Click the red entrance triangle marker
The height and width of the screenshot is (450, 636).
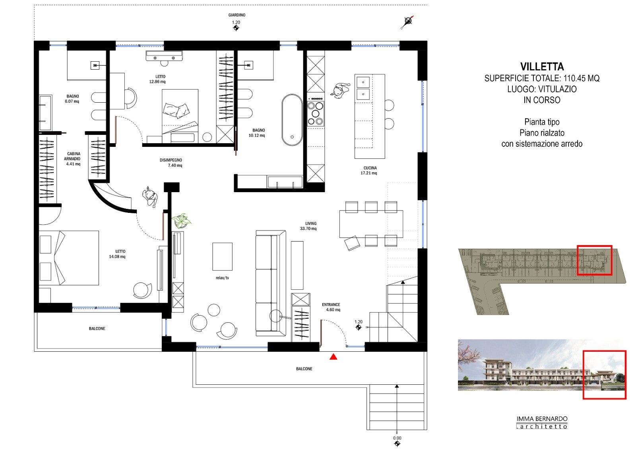coord(334,356)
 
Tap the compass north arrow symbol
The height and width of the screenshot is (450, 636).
coord(407,22)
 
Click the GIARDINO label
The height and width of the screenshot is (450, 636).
coord(237,15)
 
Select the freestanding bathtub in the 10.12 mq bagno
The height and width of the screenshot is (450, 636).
coord(292,120)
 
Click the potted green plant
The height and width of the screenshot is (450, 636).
coord(181,221)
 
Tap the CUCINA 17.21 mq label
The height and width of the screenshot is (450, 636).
coord(369,170)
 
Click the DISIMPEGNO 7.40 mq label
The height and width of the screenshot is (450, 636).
coord(171,163)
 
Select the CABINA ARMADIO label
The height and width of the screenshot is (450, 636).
coord(73,156)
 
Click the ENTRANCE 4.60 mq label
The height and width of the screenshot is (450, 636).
coord(332,307)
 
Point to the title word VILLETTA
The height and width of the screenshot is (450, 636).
coord(542,66)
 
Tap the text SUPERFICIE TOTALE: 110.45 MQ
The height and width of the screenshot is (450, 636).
coord(542,78)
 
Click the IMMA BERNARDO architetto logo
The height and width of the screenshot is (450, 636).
coord(542,423)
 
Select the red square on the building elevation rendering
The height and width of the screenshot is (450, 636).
coord(605,375)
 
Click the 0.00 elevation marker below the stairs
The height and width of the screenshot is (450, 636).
coord(397,440)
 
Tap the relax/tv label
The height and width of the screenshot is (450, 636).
coord(222,278)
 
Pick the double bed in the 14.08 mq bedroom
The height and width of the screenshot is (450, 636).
coord(69,258)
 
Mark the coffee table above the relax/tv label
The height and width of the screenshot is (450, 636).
coord(222,256)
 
